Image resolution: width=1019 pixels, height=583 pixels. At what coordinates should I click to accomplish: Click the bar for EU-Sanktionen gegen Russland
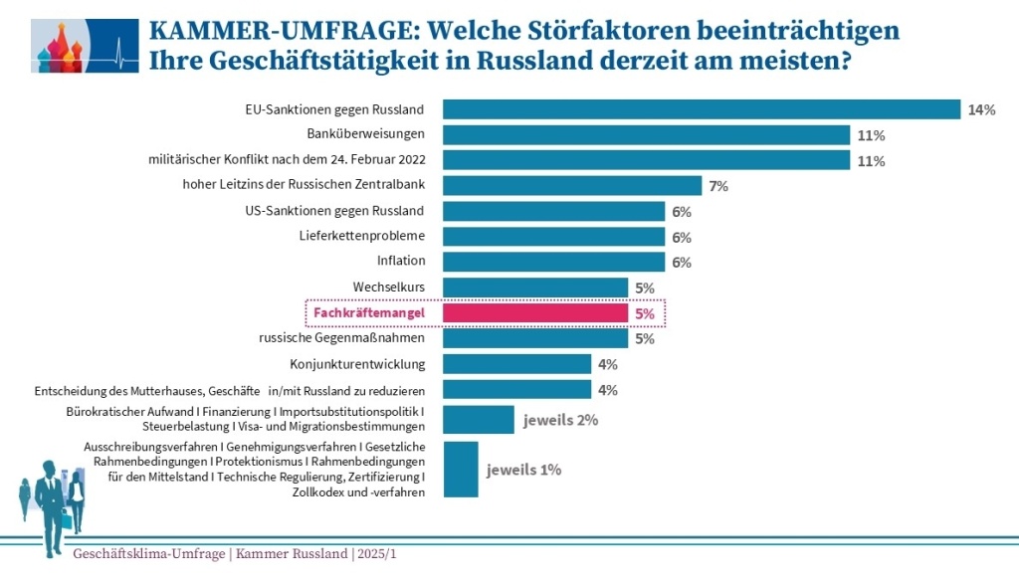(701, 109)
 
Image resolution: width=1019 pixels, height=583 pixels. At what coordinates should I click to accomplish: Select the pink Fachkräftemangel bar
(535, 313)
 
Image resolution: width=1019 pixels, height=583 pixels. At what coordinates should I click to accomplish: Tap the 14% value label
(981, 110)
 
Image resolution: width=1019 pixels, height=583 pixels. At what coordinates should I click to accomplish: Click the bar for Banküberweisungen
(646, 134)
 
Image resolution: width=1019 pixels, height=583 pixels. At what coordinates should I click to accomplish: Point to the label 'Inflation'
(401, 262)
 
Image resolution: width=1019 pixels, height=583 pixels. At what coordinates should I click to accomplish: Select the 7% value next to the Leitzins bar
(719, 186)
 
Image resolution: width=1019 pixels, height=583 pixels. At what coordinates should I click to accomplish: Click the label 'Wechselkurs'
(389, 288)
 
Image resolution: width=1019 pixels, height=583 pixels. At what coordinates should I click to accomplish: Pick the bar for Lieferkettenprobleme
(553, 237)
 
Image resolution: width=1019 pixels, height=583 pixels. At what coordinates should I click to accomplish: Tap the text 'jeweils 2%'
(560, 420)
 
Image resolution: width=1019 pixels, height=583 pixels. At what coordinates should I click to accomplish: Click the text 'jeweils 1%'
(523, 470)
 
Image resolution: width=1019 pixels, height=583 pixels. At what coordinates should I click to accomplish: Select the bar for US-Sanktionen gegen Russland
(553, 211)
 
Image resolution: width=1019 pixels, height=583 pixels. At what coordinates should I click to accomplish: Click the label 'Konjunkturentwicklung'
(357, 364)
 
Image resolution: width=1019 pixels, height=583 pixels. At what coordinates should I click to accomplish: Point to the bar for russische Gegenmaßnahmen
(535, 338)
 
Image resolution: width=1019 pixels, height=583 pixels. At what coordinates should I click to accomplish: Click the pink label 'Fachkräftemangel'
(369, 313)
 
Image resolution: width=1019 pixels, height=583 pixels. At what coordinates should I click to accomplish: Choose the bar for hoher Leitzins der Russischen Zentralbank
(572, 185)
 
